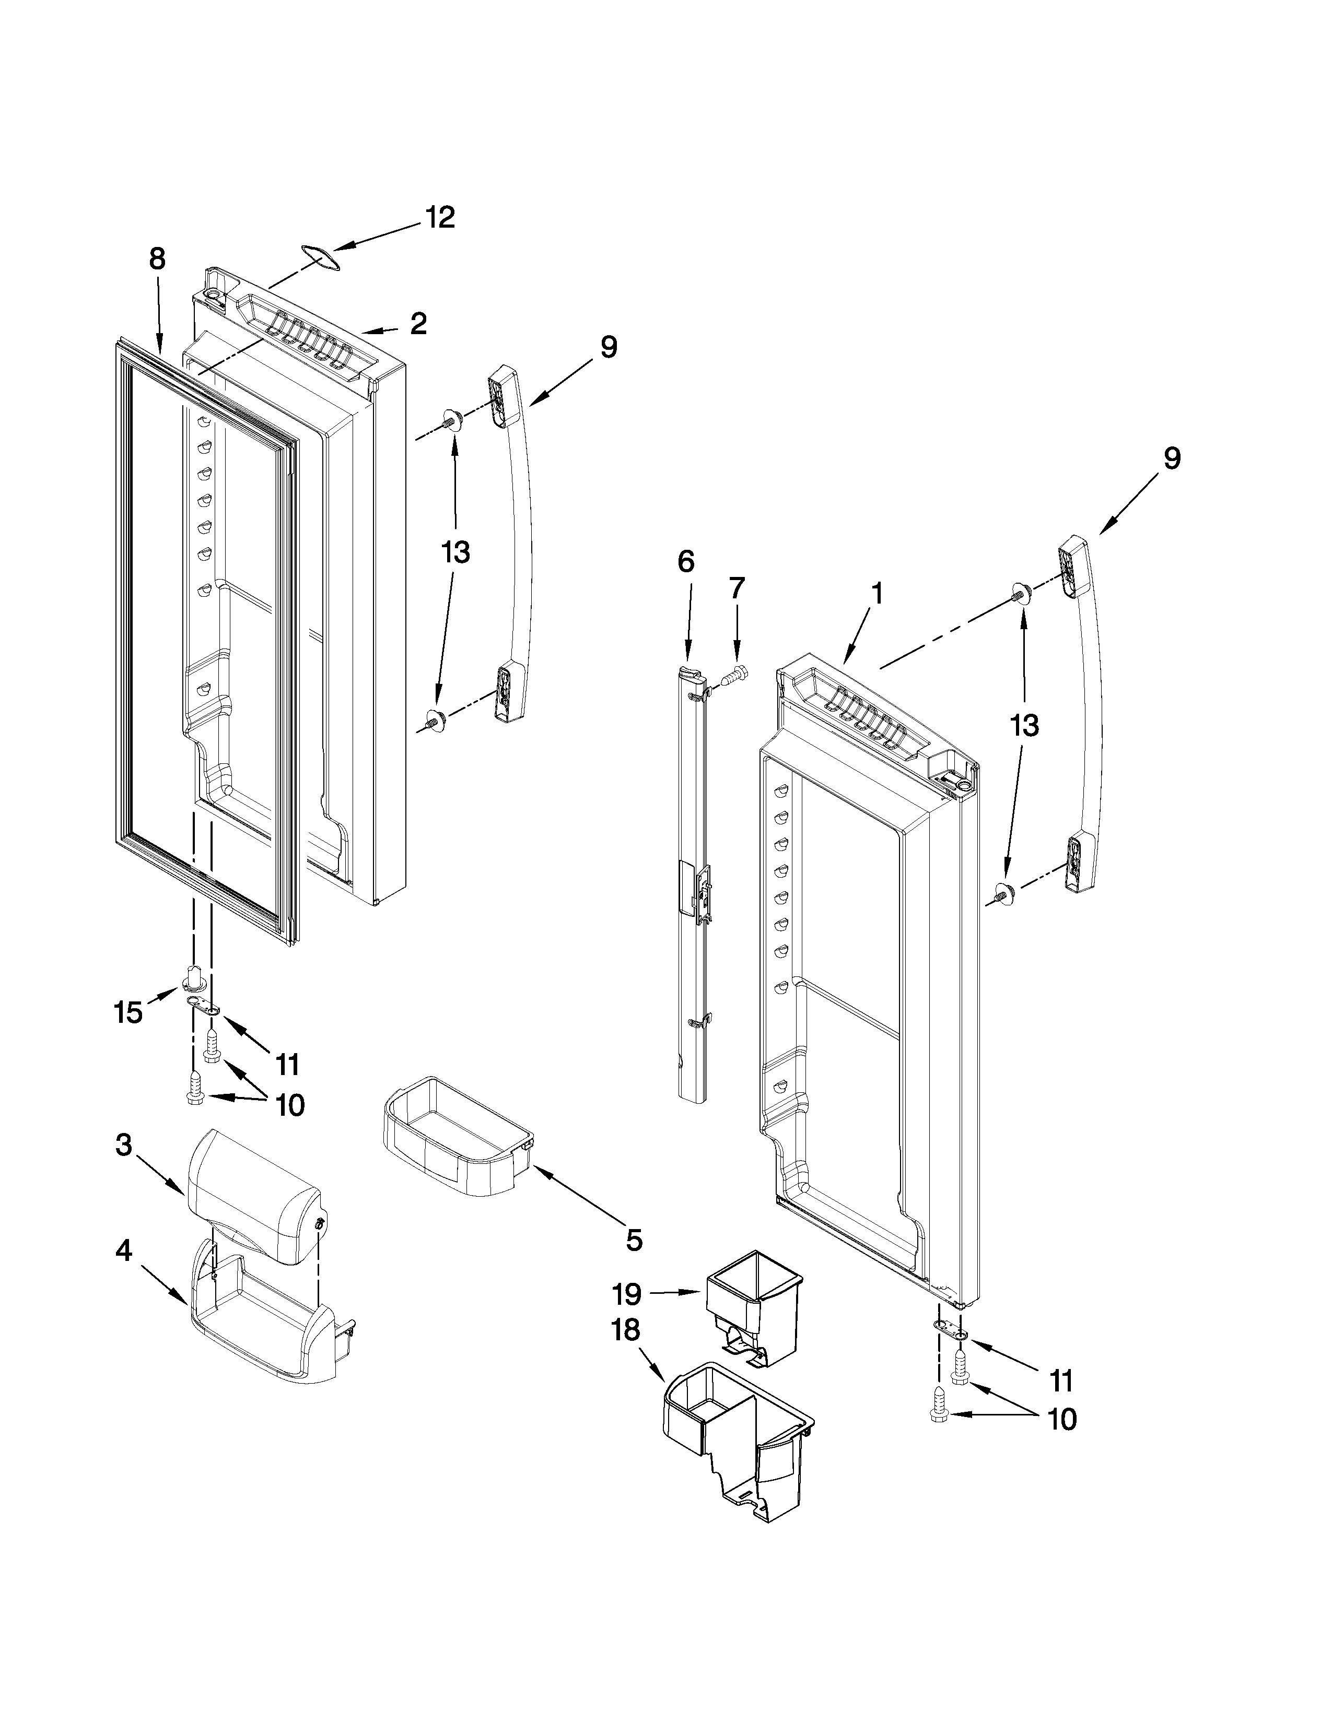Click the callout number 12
tap(440, 218)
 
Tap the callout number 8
tap(157, 259)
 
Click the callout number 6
tap(686, 562)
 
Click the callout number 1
tap(877, 593)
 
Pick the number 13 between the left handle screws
tap(455, 552)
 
